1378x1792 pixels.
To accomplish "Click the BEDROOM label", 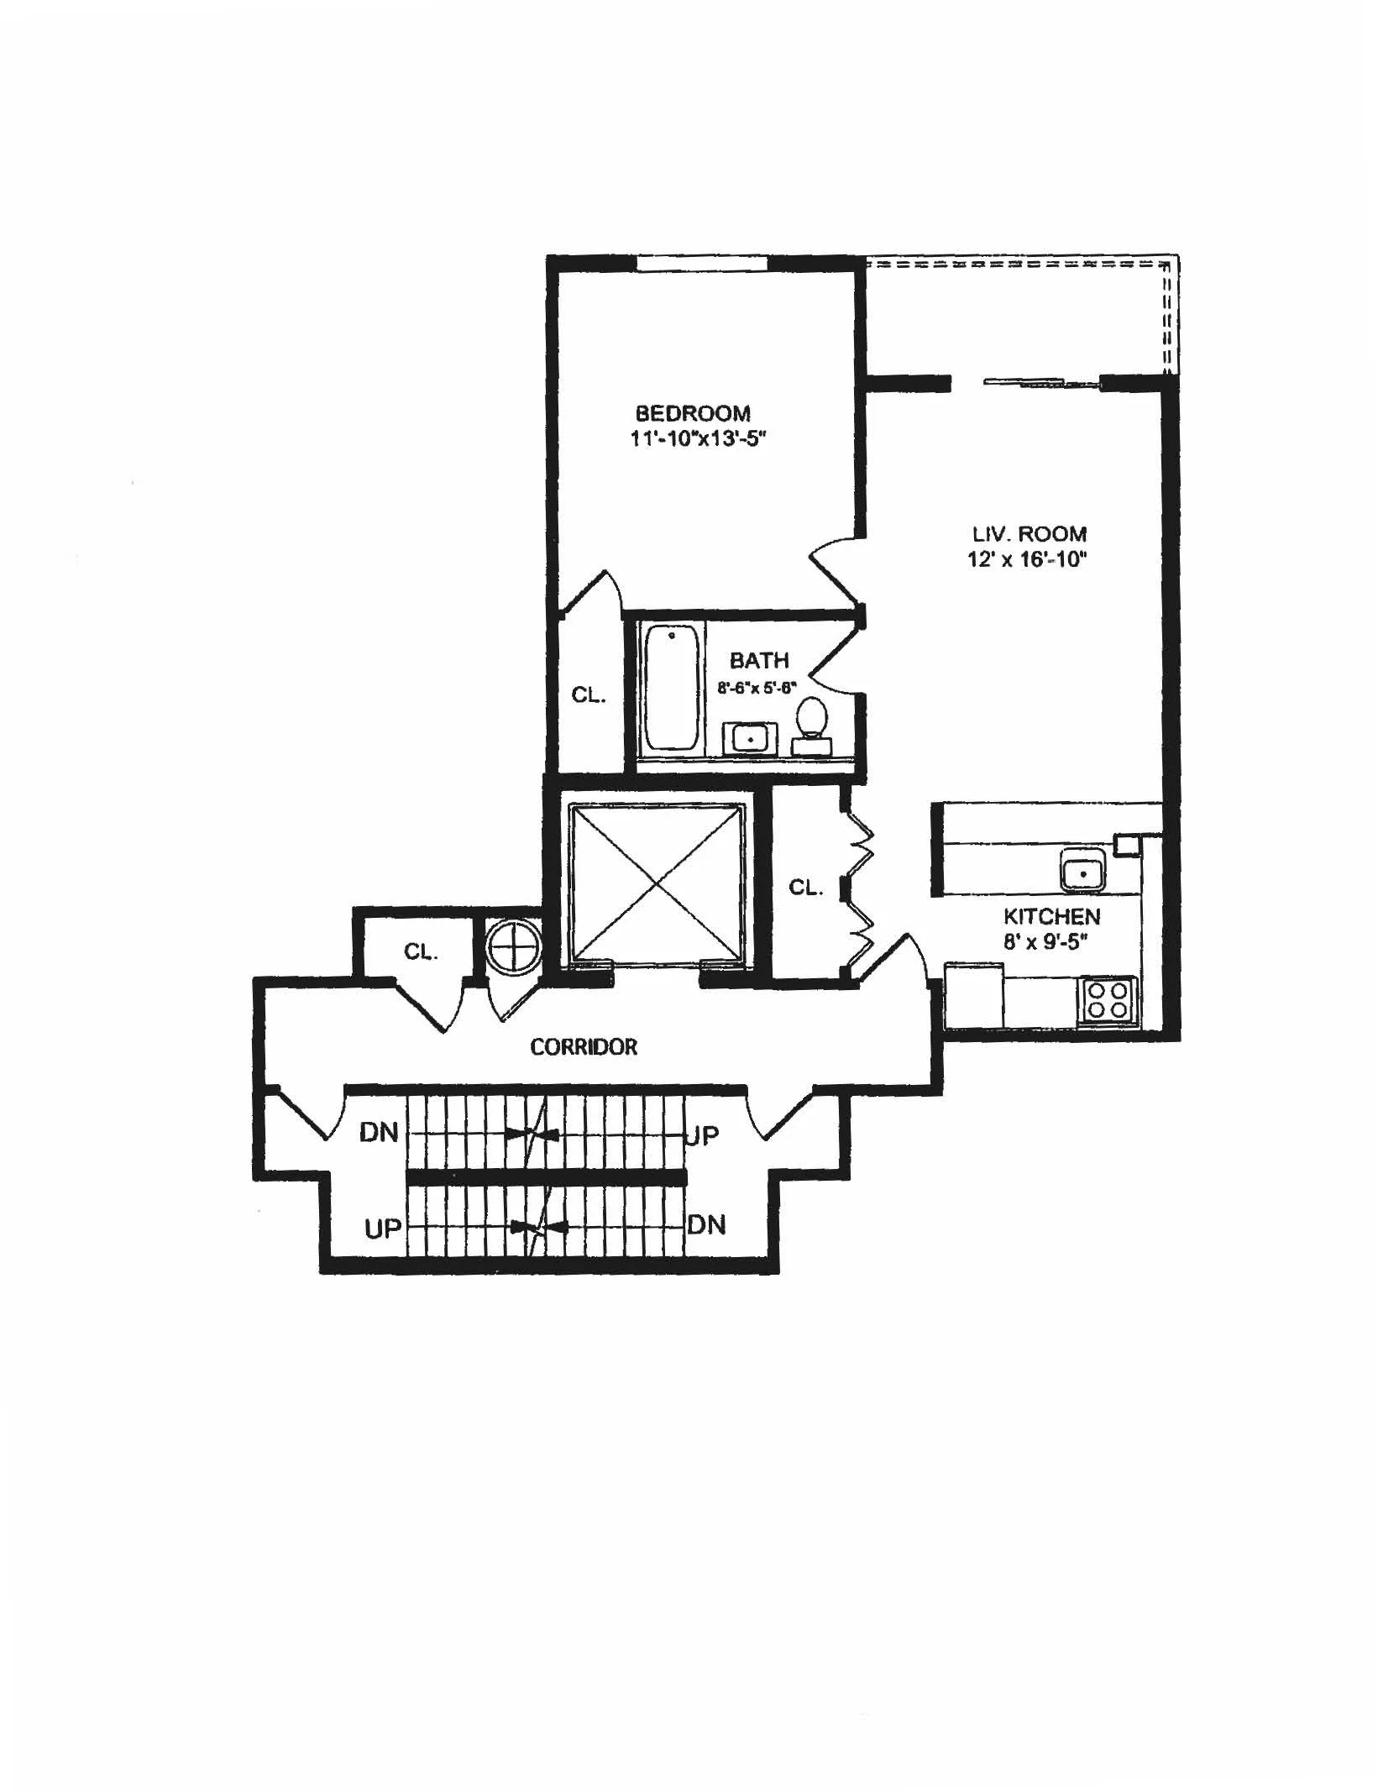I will tap(693, 413).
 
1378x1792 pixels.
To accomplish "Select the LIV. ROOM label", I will tap(1030, 534).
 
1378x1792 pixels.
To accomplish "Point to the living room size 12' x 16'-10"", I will tap(1027, 559).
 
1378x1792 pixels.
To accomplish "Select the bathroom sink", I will tap(750, 739).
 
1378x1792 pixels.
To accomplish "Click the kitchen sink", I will tap(1083, 870).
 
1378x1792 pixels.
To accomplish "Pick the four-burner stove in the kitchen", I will tap(1108, 1000).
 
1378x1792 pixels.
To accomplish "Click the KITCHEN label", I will tap(1051, 916).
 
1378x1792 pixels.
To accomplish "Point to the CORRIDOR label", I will tap(584, 1046).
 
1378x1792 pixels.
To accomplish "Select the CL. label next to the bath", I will tap(589, 694).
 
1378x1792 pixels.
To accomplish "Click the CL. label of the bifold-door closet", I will tap(806, 888).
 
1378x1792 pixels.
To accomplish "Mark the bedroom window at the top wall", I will tap(702, 263).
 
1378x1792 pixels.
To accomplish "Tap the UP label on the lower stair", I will tap(384, 1229).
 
